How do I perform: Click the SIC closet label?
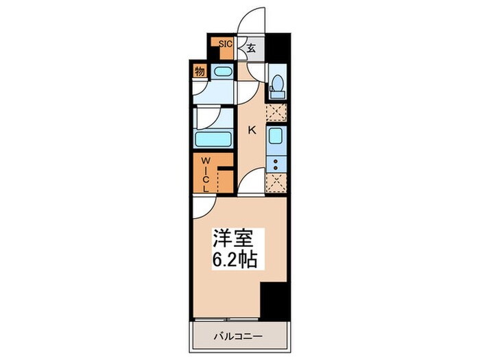tap(225, 43)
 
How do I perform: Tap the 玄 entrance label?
tap(251, 48)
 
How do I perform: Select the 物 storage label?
tap(199, 71)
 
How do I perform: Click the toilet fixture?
tap(278, 84)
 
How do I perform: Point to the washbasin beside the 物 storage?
tap(222, 71)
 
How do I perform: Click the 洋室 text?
tap(233, 240)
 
